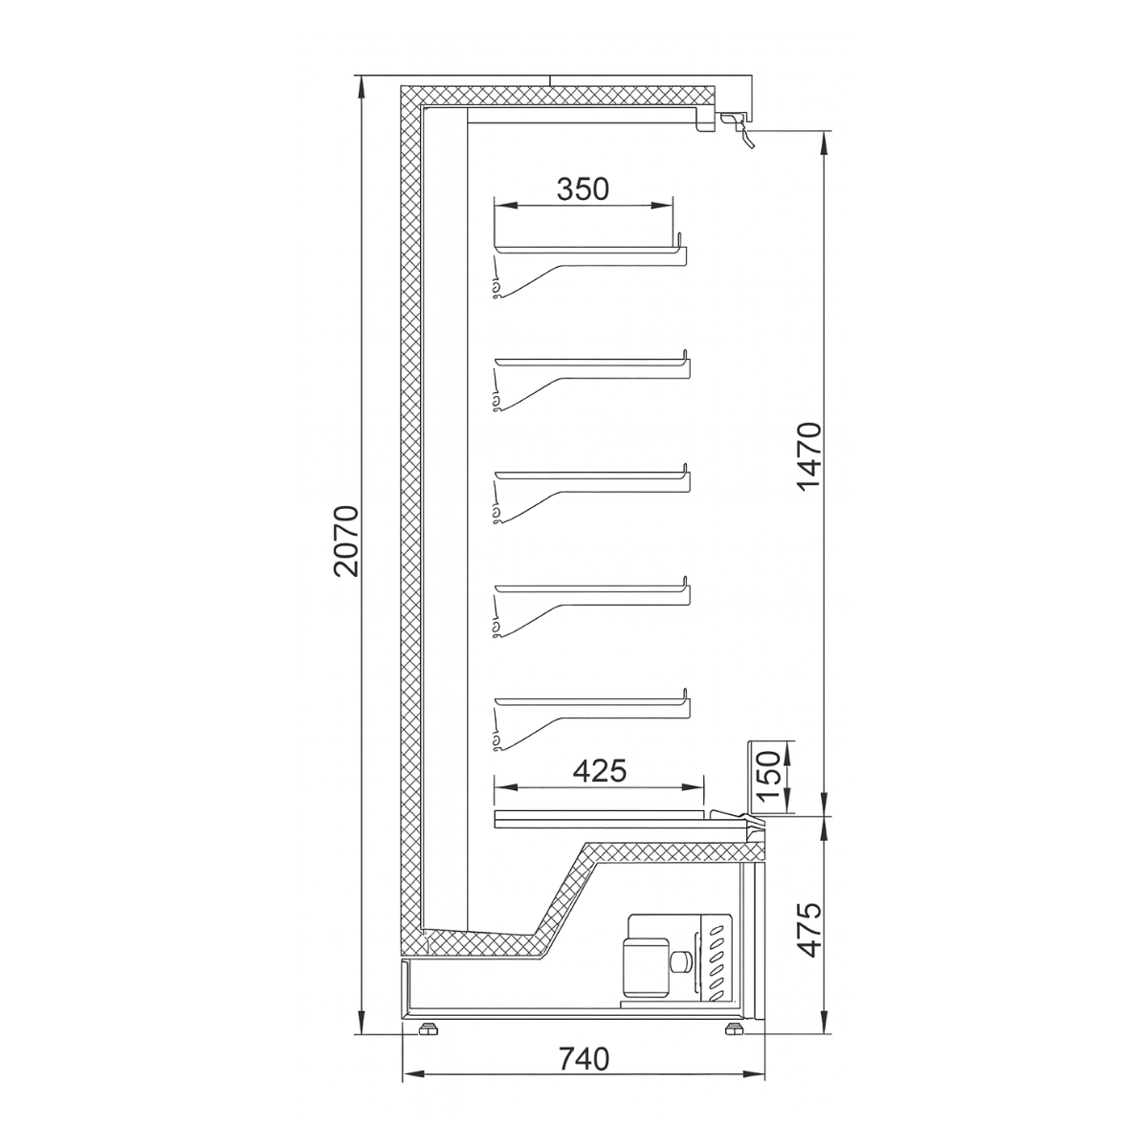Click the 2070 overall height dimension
coord(345,540)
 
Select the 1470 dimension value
coord(809,455)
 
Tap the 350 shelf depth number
coord(583,188)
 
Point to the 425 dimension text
coord(599,770)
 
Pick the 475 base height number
coord(809,928)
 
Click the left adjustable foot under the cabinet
coord(426,1029)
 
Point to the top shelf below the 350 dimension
coord(588,251)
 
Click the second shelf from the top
coord(588,364)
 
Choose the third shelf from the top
coord(588,474)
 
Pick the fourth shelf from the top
coord(588,585)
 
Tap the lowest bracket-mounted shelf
coord(588,697)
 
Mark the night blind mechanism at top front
coord(737,126)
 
